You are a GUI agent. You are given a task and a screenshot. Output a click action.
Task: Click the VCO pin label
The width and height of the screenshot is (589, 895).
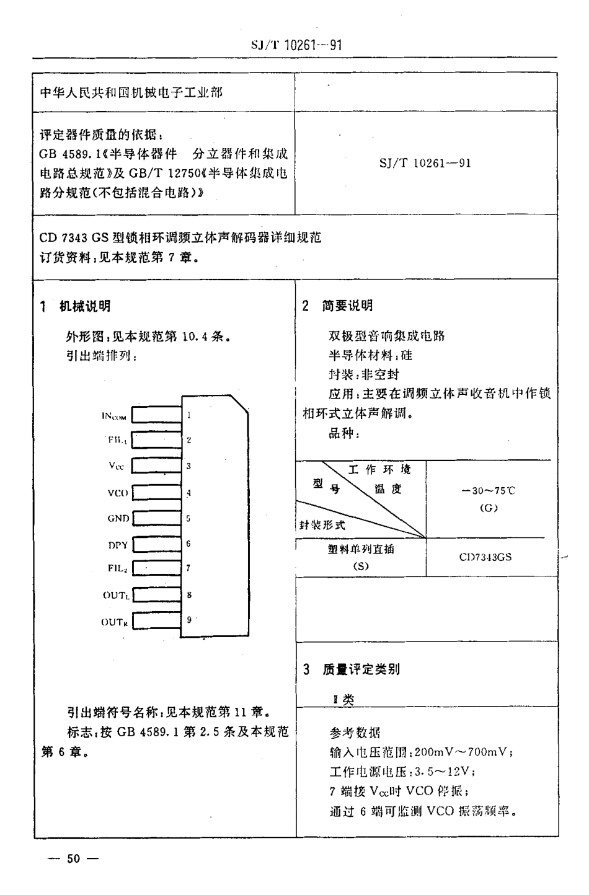click(118, 493)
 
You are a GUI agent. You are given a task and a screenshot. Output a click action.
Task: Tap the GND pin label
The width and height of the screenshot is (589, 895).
click(118, 518)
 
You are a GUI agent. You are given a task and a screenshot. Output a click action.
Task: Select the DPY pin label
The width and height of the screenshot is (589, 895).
click(118, 545)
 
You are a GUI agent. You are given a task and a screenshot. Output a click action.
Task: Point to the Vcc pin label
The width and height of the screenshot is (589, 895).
click(116, 466)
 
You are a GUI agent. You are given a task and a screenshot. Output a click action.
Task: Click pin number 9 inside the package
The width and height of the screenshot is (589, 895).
click(188, 619)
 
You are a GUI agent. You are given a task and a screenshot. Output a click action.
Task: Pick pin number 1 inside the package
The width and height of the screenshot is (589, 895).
click(188, 415)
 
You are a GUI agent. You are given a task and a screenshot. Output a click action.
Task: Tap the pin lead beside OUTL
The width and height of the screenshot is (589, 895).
click(156, 595)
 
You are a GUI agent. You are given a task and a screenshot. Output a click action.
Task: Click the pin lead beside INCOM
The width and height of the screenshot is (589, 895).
click(156, 414)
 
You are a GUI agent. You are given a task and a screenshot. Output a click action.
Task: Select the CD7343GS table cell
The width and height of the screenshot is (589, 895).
click(485, 557)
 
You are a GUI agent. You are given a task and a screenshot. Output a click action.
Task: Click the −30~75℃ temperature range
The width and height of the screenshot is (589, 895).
click(489, 490)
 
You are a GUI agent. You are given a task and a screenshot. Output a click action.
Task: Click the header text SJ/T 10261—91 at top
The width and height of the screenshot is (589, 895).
click(296, 45)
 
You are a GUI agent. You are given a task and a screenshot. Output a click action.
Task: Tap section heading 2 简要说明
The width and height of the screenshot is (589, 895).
click(337, 306)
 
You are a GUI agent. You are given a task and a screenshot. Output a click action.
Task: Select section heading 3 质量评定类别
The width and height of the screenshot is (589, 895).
click(351, 669)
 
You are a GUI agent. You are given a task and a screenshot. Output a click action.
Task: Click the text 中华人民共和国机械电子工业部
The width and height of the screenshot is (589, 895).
click(131, 92)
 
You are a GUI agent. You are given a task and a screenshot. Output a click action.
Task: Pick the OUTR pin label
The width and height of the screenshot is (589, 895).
click(115, 622)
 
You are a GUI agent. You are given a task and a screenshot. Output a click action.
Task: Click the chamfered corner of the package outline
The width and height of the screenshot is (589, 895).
click(239, 403)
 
